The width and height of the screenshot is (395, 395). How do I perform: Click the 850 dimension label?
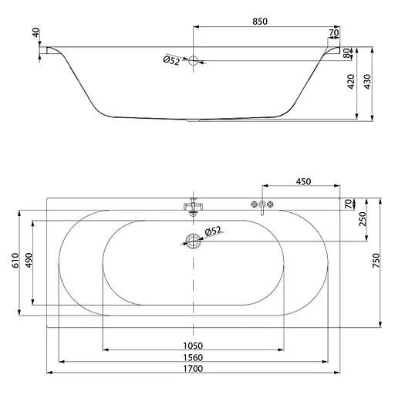(x=260, y=22)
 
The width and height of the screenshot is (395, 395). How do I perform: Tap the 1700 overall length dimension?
(x=193, y=369)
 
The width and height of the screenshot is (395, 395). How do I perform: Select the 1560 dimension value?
(x=193, y=357)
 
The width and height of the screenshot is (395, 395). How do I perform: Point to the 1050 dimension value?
(x=193, y=346)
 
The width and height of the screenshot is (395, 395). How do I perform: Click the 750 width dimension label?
(x=376, y=260)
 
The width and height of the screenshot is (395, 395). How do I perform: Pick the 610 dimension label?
(x=15, y=260)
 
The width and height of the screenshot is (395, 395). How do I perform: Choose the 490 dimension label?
(x=29, y=260)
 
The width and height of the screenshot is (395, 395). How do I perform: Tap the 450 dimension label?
(x=303, y=181)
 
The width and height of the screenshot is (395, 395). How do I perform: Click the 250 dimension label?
(x=363, y=219)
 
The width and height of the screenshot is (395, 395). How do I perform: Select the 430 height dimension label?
(x=368, y=82)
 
